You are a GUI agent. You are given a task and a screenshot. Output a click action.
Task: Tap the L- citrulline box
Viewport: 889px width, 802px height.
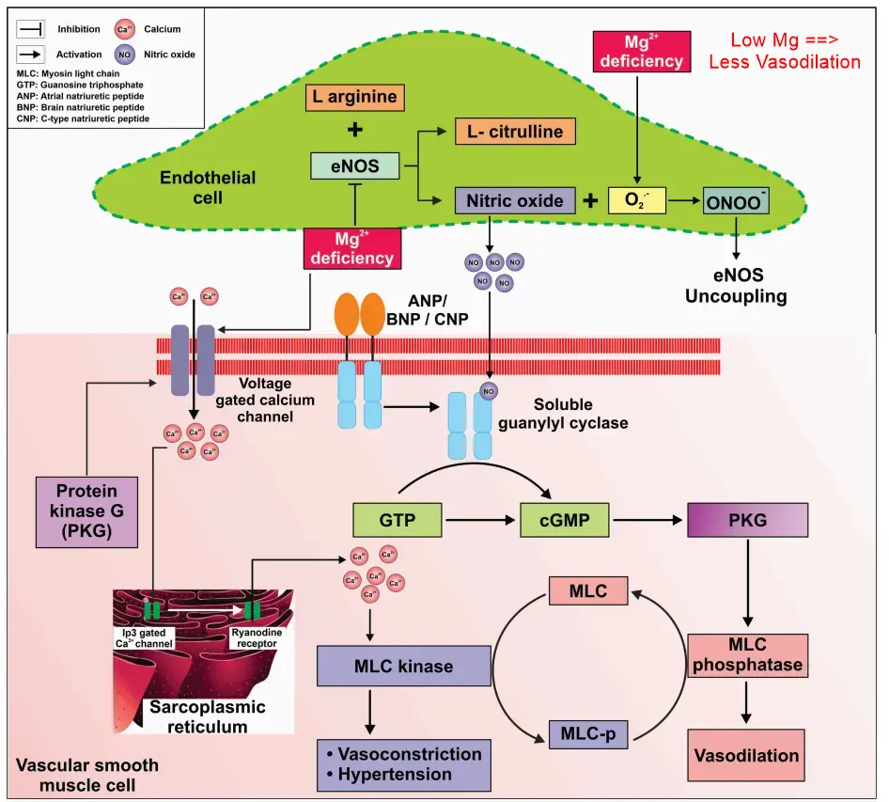[x=514, y=132]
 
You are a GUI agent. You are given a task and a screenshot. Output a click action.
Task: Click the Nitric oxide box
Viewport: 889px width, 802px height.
[x=514, y=199]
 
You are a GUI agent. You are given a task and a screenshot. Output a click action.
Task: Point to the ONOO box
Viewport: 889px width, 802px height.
[x=736, y=199]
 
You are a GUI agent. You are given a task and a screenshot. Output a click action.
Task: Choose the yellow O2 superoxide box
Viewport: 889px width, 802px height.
[x=637, y=200]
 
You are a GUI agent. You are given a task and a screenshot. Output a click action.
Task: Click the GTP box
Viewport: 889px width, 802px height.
[x=397, y=518]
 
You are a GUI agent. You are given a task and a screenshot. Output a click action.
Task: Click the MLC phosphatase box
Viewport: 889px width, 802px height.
[x=747, y=654]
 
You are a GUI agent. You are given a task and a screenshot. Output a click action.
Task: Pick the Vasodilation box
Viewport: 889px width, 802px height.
[x=747, y=754]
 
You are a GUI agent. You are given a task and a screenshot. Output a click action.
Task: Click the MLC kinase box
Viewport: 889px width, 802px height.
[x=404, y=667]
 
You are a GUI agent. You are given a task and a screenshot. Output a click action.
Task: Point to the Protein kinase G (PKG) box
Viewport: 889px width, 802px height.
[x=86, y=511]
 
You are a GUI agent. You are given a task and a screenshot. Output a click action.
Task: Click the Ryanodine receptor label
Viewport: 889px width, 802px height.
[x=257, y=637]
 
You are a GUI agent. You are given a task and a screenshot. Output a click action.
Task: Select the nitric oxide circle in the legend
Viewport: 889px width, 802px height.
[x=124, y=55]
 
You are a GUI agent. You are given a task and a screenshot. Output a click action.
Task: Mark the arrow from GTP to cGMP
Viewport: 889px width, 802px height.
[x=480, y=518]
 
